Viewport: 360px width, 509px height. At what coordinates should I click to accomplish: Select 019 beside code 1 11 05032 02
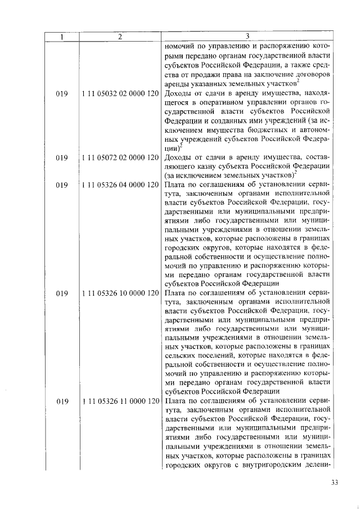click(x=62, y=95)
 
